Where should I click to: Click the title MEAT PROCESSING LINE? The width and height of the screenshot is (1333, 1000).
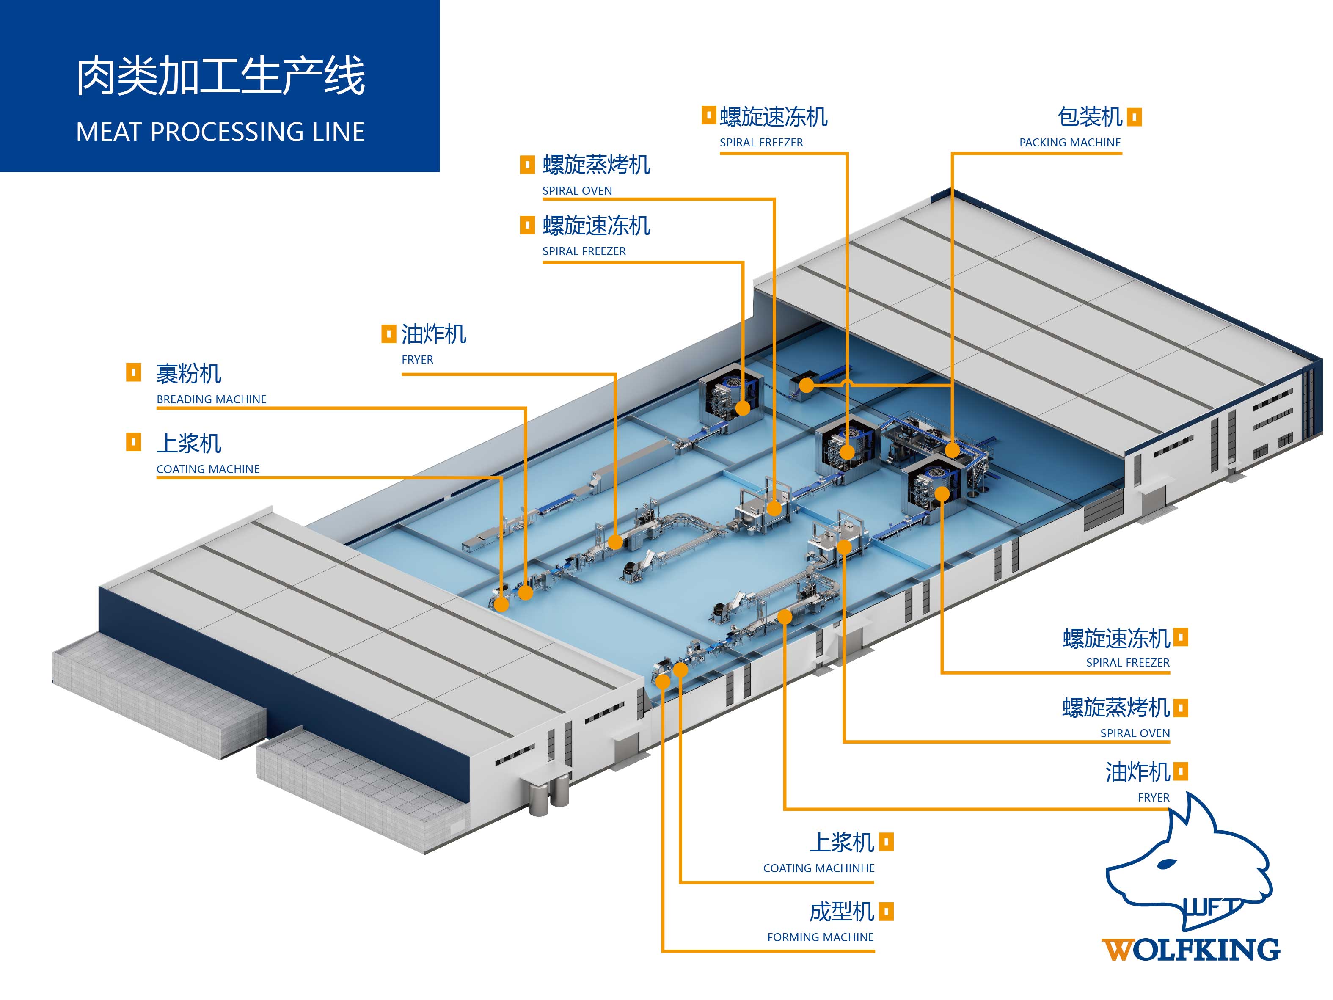point(220,132)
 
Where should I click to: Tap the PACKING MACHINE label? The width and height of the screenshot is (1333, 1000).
point(1070,143)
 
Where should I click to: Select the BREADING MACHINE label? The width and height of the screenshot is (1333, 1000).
point(211,399)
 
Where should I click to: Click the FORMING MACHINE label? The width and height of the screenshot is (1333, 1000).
point(820,937)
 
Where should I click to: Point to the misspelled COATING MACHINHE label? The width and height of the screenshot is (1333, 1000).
point(818,868)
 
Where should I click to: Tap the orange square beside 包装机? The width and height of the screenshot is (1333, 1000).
point(1134,116)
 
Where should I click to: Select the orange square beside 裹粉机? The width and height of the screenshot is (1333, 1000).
point(133,372)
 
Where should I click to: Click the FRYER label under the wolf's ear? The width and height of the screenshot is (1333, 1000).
point(1153,797)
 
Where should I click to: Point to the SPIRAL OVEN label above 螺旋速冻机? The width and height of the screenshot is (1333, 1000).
point(577,190)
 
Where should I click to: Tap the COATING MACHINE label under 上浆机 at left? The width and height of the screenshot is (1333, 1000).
point(208,469)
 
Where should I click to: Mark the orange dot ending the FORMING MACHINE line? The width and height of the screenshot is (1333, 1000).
point(662,682)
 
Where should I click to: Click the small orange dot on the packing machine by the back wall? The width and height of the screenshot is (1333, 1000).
point(806,385)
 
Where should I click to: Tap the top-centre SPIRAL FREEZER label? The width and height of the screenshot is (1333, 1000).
point(761,143)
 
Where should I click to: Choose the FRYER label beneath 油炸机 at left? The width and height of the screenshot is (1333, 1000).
point(417,360)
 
